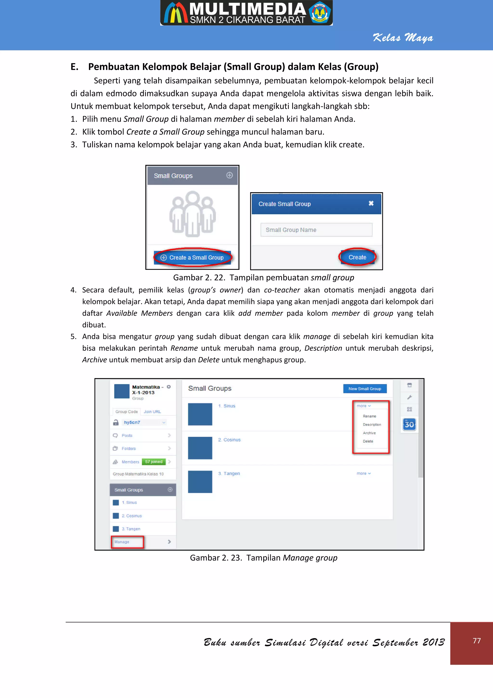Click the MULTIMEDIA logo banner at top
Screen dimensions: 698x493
pos(246,13)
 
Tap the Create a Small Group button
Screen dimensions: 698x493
pos(193,257)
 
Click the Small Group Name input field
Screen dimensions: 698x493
pos(316,230)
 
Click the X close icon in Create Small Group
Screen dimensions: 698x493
pos(371,203)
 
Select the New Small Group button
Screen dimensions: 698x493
pos(364,389)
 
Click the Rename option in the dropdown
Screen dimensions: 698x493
pos(369,416)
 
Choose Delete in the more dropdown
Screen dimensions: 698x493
pos(368,441)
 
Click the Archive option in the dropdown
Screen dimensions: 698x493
pos(369,433)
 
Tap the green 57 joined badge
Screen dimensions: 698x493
pos(154,461)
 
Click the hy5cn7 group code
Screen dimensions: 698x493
pos(132,422)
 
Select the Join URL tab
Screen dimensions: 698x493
pos(152,412)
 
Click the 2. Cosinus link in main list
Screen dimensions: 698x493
pos(229,440)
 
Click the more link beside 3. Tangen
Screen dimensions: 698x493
pos(363,473)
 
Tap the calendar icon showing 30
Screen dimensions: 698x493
pos(409,424)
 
